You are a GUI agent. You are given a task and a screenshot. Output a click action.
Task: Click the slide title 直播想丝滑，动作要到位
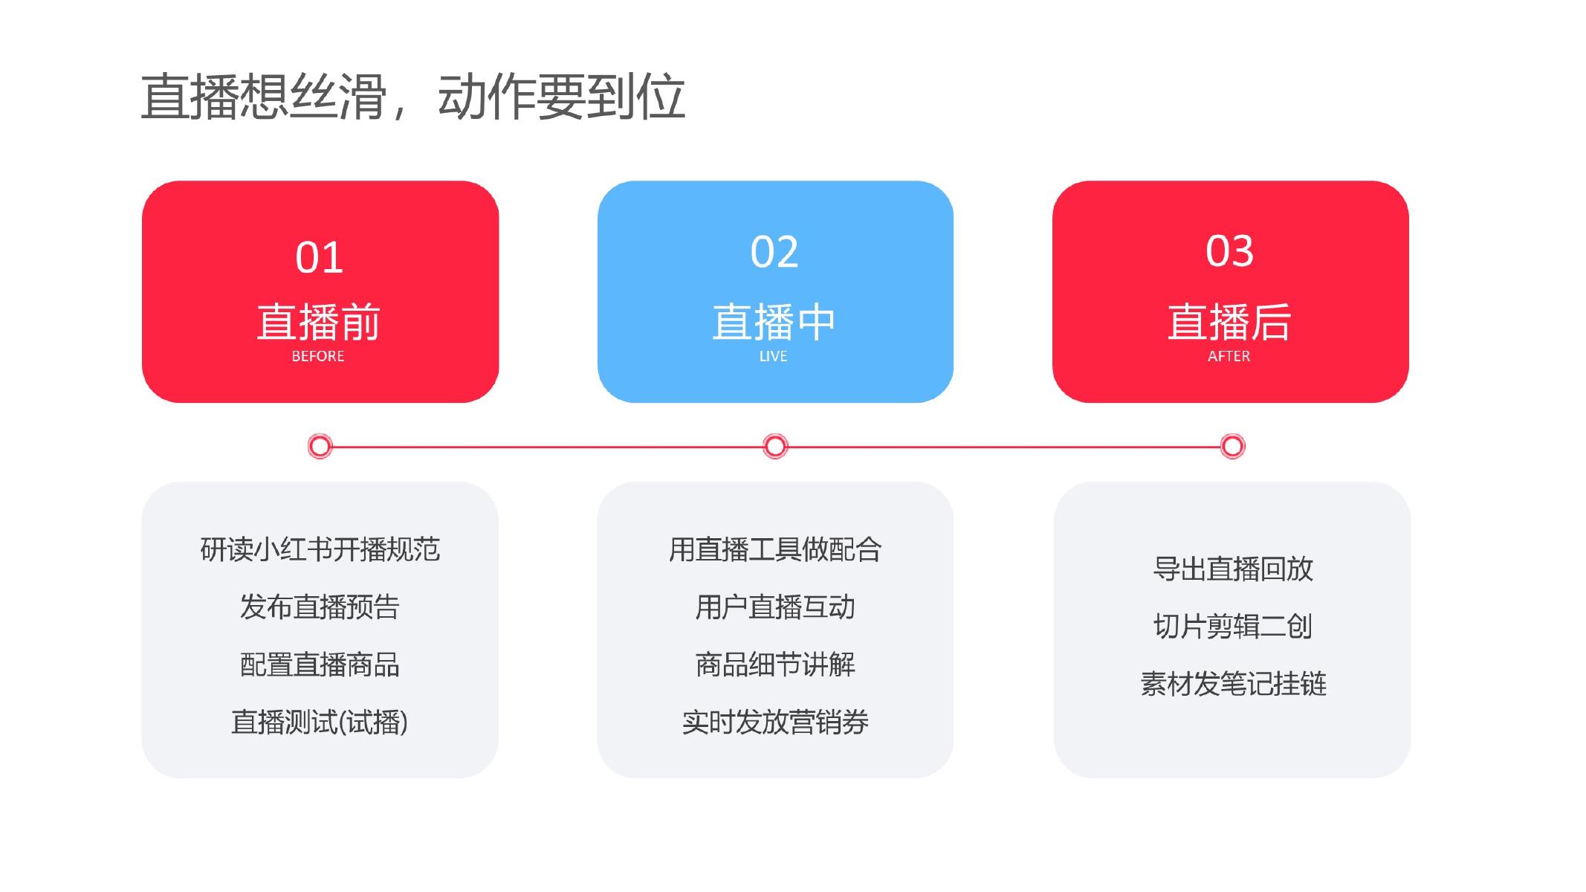[x=412, y=97]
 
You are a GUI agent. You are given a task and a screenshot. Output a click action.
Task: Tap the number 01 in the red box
[x=319, y=257]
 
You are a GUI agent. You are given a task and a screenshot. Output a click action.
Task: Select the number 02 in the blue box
[x=774, y=252]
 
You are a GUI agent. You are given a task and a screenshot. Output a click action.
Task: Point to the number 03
[x=1229, y=251]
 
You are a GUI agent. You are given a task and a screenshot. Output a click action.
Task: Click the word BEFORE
[x=318, y=356]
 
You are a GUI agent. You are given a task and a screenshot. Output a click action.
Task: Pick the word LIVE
[x=773, y=356]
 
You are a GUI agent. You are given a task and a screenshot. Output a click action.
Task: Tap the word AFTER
[x=1229, y=356]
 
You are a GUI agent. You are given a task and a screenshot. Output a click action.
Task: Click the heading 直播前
[x=319, y=321]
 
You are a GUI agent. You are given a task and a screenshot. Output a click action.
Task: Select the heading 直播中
[x=774, y=321]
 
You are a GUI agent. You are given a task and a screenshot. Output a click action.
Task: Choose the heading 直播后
[x=1229, y=321]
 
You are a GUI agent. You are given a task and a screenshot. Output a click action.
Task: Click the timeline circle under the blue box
[x=775, y=446]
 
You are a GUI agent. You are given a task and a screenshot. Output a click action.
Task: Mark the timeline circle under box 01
[x=320, y=446]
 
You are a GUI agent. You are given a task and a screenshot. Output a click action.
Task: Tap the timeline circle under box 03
[x=1232, y=446]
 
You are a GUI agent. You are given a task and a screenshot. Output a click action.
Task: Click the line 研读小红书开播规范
[x=320, y=549]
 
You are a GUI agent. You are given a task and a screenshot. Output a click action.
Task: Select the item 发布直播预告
[x=320, y=607]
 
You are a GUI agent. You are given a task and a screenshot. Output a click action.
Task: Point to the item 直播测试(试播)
[x=320, y=722]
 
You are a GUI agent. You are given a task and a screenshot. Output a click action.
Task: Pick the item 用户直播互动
[x=775, y=607]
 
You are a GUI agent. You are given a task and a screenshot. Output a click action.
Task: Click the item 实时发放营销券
[x=775, y=722]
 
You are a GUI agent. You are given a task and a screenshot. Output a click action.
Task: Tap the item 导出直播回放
[x=1233, y=569]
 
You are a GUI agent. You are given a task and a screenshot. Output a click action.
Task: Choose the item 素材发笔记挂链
[x=1233, y=684]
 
